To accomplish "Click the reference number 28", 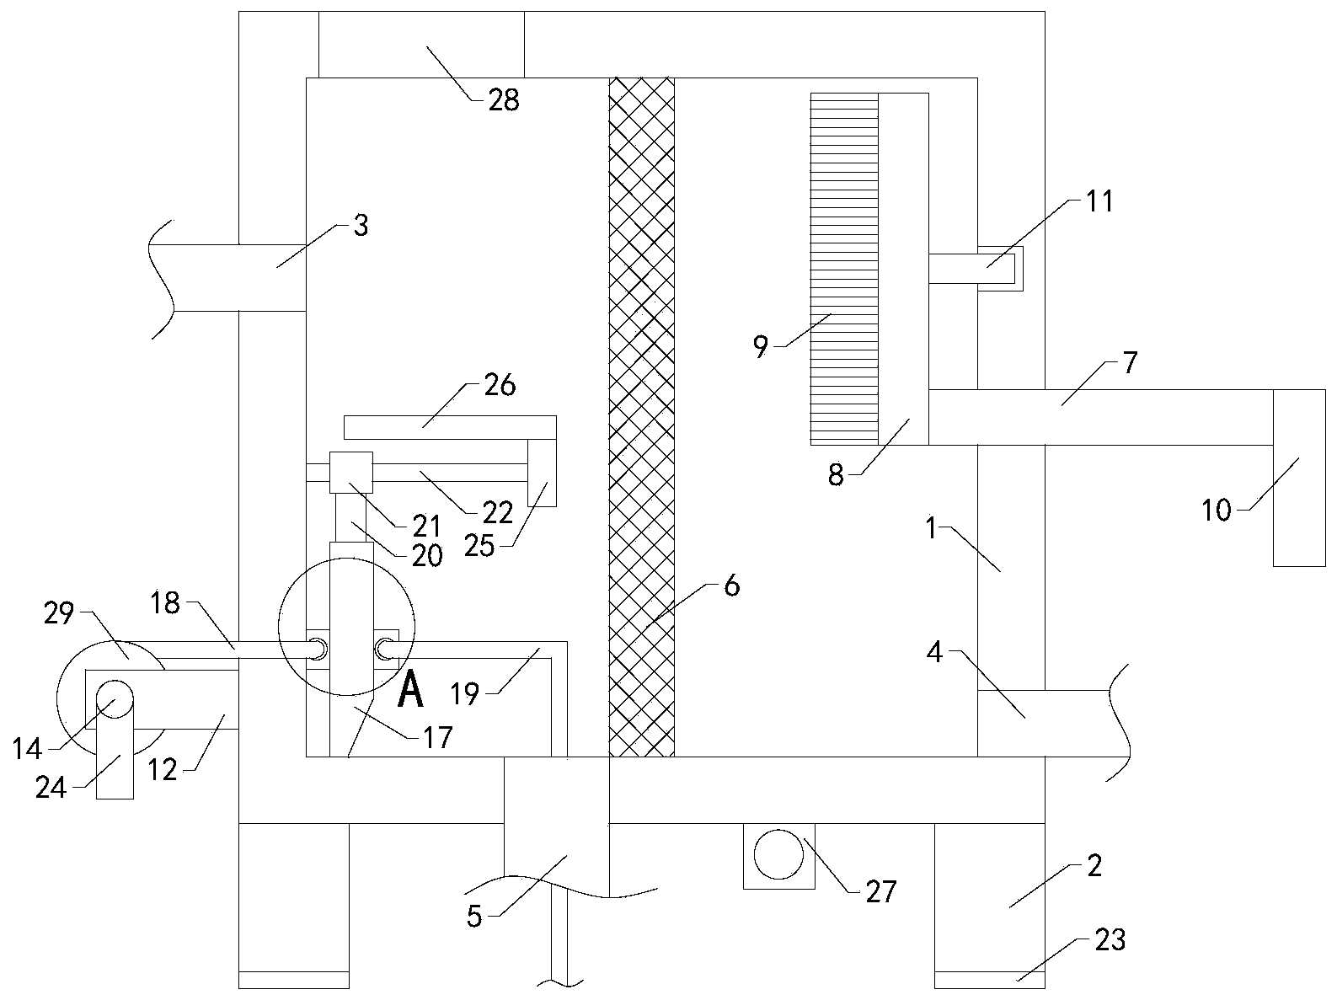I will (x=504, y=100).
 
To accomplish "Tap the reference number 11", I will (x=1099, y=201).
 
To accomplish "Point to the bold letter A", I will (x=410, y=689).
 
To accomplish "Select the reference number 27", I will (x=881, y=891).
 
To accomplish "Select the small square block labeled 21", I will (x=351, y=472).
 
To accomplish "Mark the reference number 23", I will (x=1110, y=939).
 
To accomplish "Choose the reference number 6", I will (x=731, y=585).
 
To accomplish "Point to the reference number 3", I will (x=361, y=225).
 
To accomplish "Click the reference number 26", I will (x=500, y=385).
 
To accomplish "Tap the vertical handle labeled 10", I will (x=1298, y=478).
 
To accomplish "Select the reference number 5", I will (x=474, y=917).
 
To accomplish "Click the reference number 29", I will (x=59, y=612).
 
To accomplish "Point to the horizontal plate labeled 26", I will (x=450, y=427).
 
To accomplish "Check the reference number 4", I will (x=934, y=651).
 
